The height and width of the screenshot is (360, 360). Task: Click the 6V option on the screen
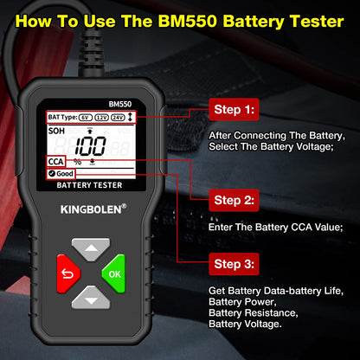coord(85,116)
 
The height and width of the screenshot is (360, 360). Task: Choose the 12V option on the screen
coord(101,116)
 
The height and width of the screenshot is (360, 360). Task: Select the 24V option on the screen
coord(119,116)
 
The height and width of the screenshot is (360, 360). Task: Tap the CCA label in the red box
coord(56,162)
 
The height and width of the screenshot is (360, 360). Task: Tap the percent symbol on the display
coord(77,162)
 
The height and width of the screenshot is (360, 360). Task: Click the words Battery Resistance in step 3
coord(254,312)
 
